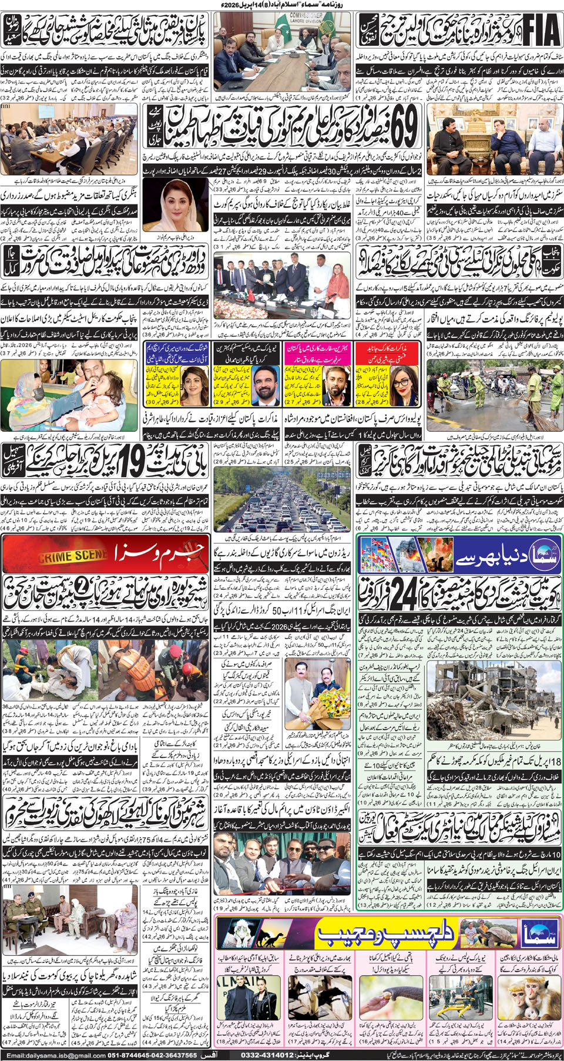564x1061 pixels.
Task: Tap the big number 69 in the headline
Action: [404, 127]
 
